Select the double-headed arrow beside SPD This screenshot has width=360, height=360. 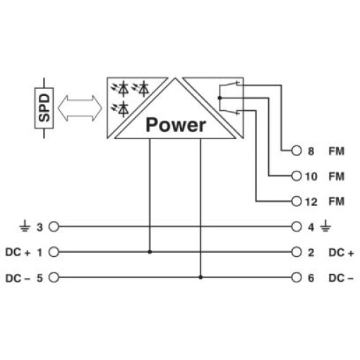tap(80, 108)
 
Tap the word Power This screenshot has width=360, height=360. tap(176, 125)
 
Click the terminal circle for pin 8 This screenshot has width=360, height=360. tap(296, 150)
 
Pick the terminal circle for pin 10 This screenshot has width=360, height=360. tap(296, 176)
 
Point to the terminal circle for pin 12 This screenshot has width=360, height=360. tap(296, 201)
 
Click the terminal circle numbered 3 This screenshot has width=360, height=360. tap(54, 227)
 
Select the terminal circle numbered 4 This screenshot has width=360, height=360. tap(296, 227)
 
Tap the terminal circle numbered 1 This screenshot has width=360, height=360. tap(54, 252)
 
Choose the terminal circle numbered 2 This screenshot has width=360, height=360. tap(296, 252)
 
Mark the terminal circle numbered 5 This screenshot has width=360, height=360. tap(54, 277)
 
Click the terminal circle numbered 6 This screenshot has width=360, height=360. tap(296, 277)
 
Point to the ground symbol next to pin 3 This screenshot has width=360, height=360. tap(25, 227)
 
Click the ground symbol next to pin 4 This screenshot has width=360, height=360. tap(325, 226)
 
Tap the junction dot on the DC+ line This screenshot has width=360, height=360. tap(150, 252)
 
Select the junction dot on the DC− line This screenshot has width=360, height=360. tap(200, 277)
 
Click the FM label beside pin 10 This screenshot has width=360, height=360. tap(336, 176)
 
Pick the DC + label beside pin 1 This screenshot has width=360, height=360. tap(18, 253)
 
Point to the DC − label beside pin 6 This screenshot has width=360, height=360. tap(341, 278)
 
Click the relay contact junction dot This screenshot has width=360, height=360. tap(220, 97)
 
